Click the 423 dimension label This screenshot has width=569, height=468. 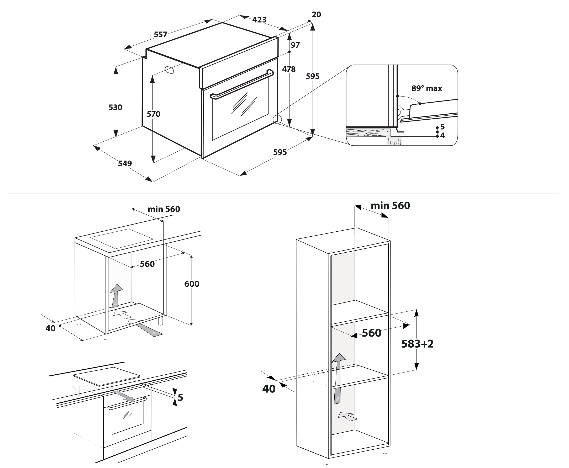259,20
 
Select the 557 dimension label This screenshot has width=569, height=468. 160,35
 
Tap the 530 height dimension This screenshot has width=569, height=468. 115,108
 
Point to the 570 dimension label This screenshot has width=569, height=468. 154,114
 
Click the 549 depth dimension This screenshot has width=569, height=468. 125,163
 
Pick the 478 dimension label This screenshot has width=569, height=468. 289,69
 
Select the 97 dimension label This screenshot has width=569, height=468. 295,45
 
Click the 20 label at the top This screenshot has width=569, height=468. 316,14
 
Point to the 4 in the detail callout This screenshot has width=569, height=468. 442,136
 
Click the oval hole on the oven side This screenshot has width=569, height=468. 170,70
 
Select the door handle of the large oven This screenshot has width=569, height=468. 242,84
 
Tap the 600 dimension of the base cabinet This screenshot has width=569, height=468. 192,284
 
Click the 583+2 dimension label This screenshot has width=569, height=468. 418,344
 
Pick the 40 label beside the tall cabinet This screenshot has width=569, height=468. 269,389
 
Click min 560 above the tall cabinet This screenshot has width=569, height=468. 390,206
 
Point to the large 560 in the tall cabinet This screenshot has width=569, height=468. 372,333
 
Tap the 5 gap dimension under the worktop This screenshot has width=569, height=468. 180,398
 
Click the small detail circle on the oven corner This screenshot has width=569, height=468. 277,119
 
